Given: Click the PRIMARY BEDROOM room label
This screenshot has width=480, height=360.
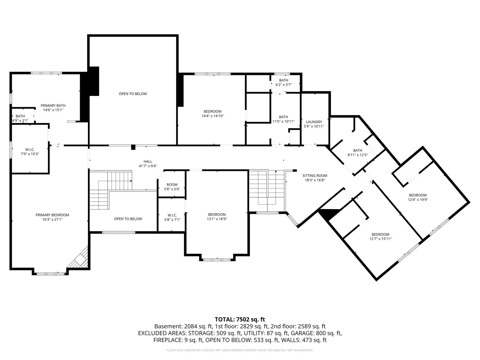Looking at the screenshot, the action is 52,215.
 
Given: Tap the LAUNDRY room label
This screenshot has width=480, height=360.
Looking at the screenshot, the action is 314,122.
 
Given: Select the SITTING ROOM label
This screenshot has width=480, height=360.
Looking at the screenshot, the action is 315,175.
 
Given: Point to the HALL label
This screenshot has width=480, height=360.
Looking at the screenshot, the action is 148,161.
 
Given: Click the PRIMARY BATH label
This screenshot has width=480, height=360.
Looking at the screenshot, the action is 53,106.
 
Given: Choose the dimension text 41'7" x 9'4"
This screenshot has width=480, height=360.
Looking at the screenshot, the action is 148,166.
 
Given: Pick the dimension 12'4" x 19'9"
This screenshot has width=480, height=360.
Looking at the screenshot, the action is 418,199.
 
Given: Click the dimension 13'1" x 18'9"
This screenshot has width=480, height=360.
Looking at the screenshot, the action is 217,219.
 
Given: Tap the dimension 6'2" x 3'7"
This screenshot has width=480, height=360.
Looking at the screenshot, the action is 283,85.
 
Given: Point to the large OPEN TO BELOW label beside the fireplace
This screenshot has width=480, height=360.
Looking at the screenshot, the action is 133,94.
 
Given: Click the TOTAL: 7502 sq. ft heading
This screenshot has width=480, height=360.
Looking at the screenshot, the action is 240,319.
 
